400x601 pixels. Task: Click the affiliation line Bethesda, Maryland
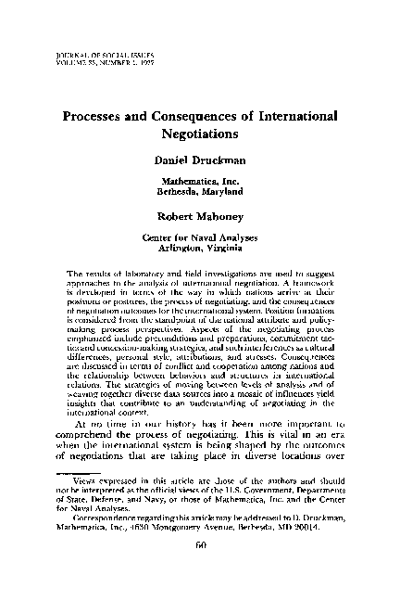tap(200, 192)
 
